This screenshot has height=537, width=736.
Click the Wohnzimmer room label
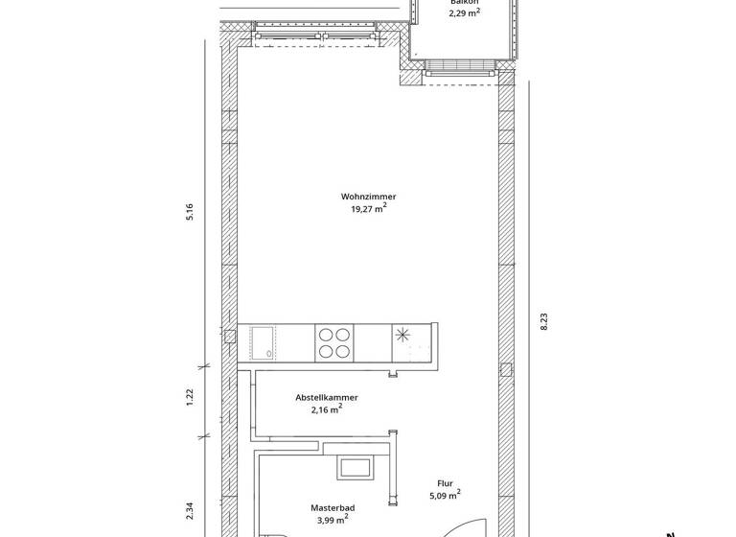pyautogui.click(x=368, y=197)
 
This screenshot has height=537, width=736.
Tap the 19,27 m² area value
pyautogui.click(x=368, y=209)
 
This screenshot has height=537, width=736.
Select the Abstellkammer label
pyautogui.click(x=327, y=397)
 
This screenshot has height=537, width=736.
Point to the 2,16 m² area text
pyautogui.click(x=327, y=409)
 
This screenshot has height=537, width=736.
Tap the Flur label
pyautogui.click(x=444, y=484)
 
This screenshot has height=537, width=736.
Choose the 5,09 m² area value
pyautogui.click(x=444, y=497)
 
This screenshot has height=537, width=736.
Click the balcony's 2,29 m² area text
pyautogui.click(x=465, y=13)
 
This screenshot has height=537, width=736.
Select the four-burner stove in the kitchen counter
pyautogui.click(x=333, y=343)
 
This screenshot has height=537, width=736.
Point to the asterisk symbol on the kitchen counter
pyautogui.click(x=402, y=336)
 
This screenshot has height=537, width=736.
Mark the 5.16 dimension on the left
pyautogui.click(x=190, y=212)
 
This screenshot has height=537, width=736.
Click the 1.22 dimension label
pyautogui.click(x=190, y=396)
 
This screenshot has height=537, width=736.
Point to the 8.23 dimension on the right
pyautogui.click(x=544, y=321)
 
